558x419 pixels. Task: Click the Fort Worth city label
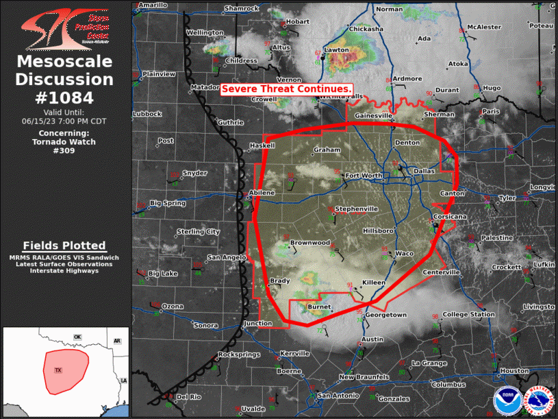(364, 176)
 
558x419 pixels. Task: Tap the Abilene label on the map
(262, 193)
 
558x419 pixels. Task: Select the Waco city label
(405, 253)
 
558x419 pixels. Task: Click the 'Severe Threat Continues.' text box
(287, 89)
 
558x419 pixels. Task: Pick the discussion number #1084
(64, 97)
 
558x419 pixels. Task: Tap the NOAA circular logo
(506, 400)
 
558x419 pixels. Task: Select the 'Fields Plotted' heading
(64, 246)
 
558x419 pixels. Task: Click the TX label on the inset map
(58, 370)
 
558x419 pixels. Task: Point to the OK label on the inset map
(77, 337)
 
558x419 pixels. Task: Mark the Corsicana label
(449, 217)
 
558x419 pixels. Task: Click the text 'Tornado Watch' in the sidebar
(64, 141)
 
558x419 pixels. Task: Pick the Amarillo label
(153, 5)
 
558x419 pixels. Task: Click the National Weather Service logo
(537, 401)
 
